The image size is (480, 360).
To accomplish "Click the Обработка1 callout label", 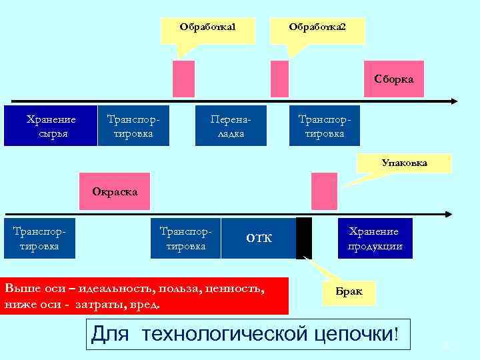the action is (208, 28).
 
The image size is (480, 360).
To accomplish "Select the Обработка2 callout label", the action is (317, 28).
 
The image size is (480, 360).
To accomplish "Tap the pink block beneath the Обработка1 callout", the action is (183, 79).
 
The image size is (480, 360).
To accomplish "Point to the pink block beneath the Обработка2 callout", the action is (279, 79).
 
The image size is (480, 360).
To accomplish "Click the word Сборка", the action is (393, 79).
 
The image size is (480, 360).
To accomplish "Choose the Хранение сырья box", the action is (51, 125).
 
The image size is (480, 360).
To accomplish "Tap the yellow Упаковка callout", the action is (405, 163).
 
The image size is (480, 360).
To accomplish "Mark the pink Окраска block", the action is (115, 192).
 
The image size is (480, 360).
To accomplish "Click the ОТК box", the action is (259, 238).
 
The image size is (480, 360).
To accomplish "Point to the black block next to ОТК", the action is (304, 238).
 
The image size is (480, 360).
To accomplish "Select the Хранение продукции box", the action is (375, 238).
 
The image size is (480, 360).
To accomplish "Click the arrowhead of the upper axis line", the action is (454, 101).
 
